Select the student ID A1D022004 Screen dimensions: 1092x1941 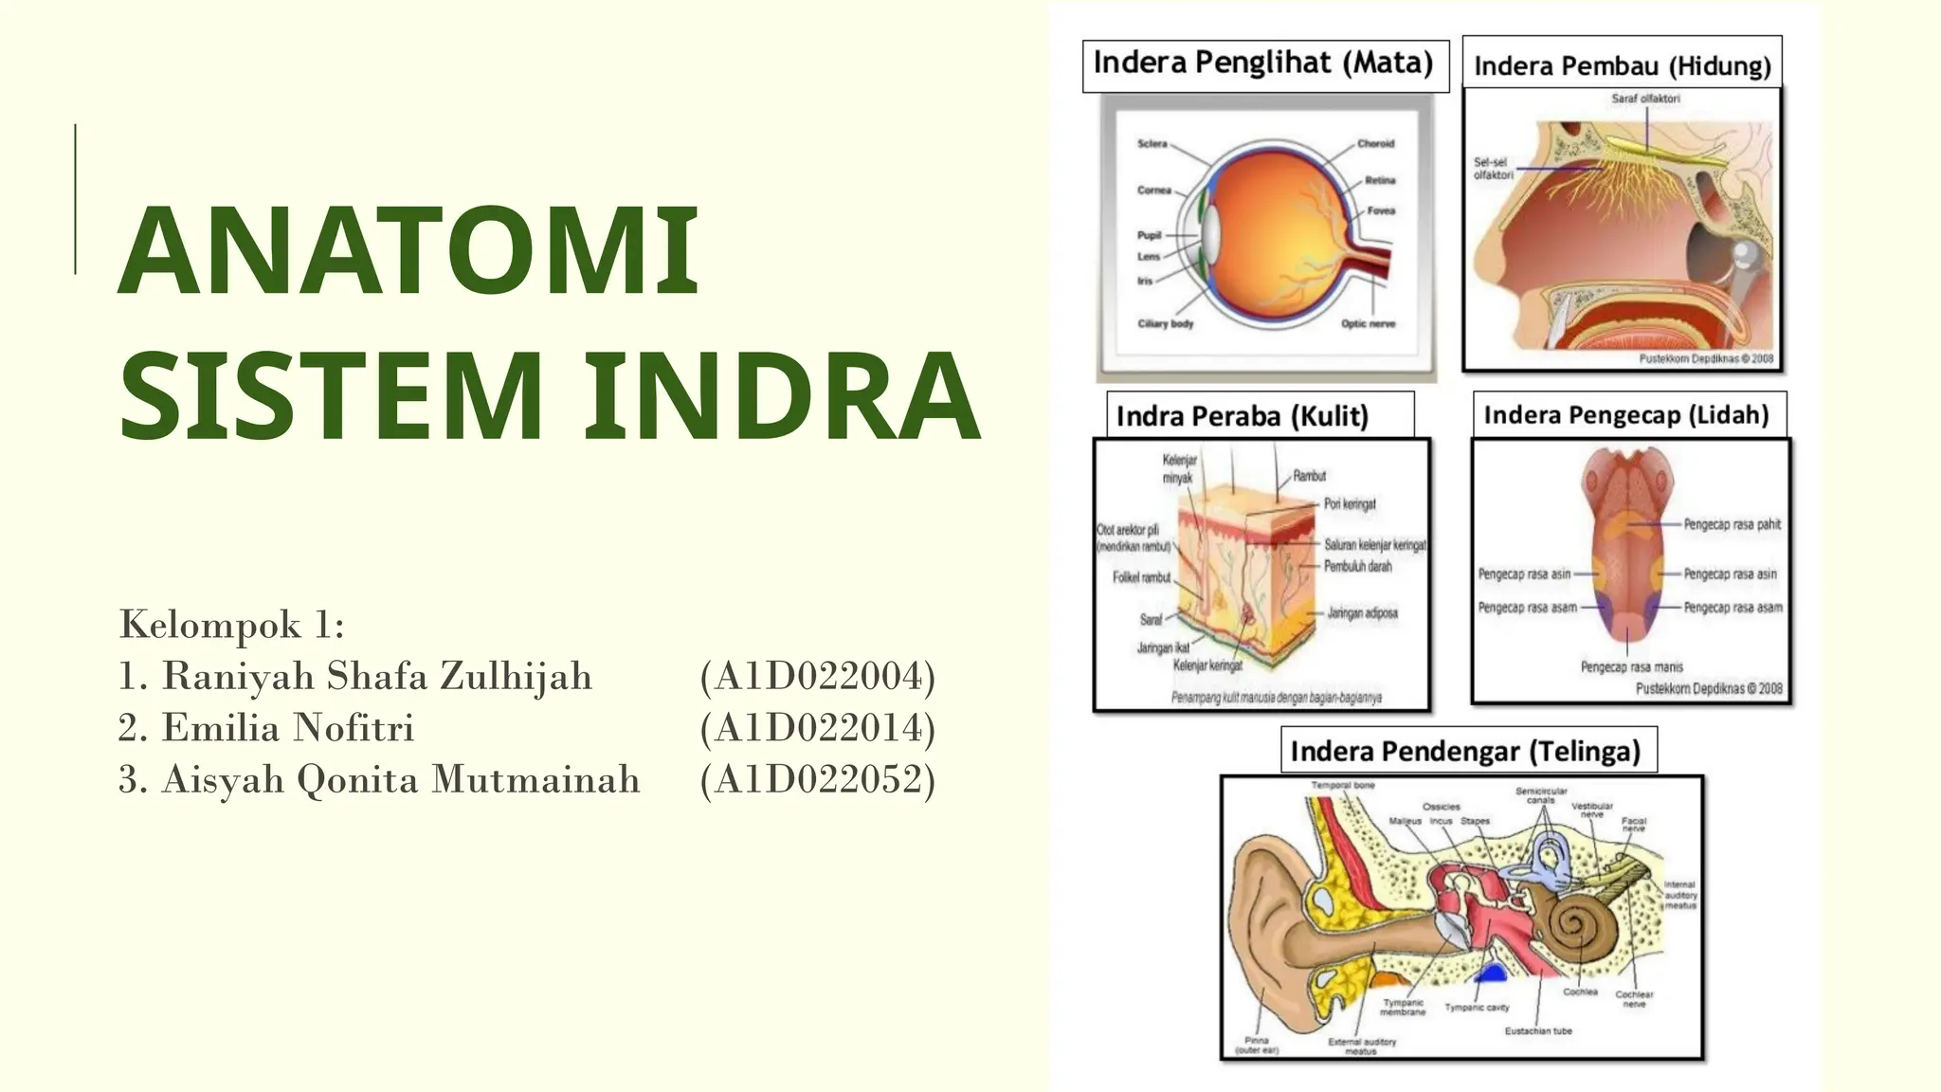818,677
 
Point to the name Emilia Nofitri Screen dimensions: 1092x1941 288,728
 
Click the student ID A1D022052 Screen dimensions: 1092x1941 818,779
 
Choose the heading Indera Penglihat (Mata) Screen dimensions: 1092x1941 1263,64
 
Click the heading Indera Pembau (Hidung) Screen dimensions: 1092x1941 1622,66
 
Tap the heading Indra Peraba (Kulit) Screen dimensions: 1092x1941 1242,416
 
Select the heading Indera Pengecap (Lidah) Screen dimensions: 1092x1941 1626,415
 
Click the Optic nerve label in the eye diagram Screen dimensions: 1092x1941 1368,324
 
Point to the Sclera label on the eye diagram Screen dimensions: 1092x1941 1152,144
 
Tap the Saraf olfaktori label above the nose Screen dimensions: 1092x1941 1645,99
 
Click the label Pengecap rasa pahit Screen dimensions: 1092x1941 1732,524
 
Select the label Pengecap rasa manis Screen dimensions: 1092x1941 1631,667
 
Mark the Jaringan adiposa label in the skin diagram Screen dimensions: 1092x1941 1362,613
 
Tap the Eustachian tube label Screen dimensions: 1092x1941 1538,1030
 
